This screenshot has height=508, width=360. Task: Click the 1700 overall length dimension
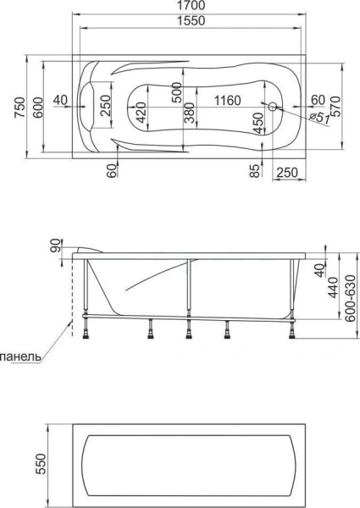[191, 6]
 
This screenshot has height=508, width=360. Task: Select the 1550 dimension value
[191, 20]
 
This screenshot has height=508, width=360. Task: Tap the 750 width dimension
[19, 108]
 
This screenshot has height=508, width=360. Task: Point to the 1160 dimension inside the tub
[228, 101]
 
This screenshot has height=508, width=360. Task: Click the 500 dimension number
[176, 92]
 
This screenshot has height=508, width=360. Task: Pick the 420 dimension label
[141, 113]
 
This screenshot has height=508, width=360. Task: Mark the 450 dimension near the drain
[258, 123]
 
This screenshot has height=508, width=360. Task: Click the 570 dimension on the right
[336, 107]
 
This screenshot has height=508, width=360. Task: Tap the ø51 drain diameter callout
[320, 118]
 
